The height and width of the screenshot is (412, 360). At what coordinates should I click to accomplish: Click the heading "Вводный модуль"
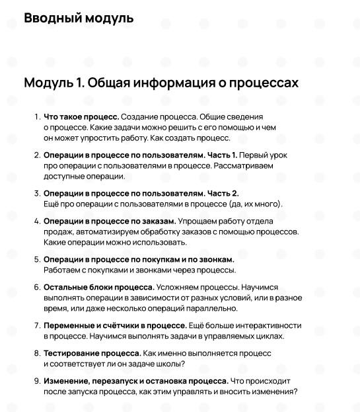(x=79, y=18)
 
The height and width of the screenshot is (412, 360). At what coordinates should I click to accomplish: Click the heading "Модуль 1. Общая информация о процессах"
(x=161, y=83)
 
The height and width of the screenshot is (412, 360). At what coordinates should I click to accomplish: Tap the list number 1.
(x=37, y=117)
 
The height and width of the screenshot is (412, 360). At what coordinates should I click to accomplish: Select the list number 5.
(x=37, y=260)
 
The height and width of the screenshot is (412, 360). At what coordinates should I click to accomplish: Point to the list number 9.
(x=37, y=382)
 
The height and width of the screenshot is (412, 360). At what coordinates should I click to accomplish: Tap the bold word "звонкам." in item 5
(x=216, y=260)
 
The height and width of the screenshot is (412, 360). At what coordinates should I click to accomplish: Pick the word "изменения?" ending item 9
(x=275, y=392)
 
